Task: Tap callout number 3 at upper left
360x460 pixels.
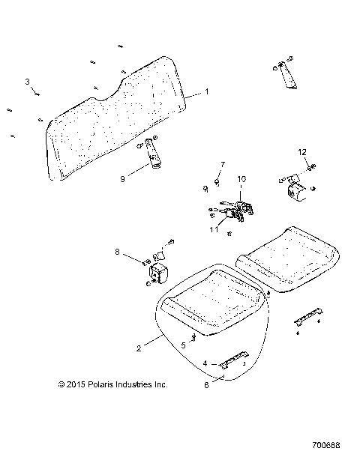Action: point(28,81)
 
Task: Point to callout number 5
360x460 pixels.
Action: point(183,345)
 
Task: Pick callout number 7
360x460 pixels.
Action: point(201,163)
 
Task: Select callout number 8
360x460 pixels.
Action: point(116,251)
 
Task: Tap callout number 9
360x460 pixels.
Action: point(122,178)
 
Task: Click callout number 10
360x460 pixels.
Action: point(241,179)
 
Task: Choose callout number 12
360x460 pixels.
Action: point(302,152)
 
